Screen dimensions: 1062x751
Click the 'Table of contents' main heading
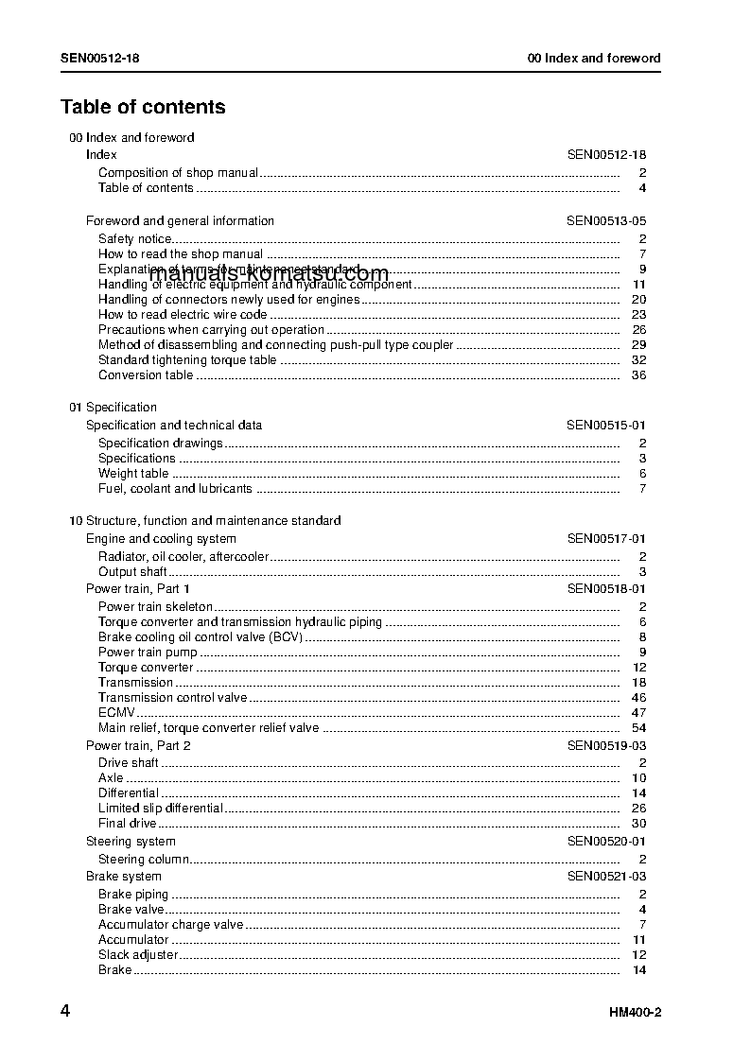point(143,107)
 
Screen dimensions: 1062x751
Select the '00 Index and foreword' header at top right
point(594,58)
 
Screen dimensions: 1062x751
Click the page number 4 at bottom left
point(65,1011)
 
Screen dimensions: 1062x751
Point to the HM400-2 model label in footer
point(635,1013)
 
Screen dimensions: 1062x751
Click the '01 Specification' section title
point(113,408)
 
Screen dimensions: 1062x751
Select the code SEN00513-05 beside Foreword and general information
point(606,221)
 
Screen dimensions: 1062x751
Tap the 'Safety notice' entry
point(135,239)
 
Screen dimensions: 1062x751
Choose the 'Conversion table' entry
point(146,375)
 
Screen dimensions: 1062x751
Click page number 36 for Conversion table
point(638,375)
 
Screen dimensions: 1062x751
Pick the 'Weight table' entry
point(133,474)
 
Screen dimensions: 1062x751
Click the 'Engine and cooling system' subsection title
point(161,539)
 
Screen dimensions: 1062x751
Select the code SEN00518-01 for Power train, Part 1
point(606,588)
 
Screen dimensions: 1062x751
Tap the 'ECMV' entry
point(117,713)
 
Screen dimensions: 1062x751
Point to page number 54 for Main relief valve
point(638,728)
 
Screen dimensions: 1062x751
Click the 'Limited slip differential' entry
point(161,809)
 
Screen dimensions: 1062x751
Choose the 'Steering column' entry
point(144,860)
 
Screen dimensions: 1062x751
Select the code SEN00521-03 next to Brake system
point(606,877)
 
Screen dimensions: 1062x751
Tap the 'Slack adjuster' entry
point(138,955)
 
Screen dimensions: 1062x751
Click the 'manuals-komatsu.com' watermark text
point(269,274)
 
